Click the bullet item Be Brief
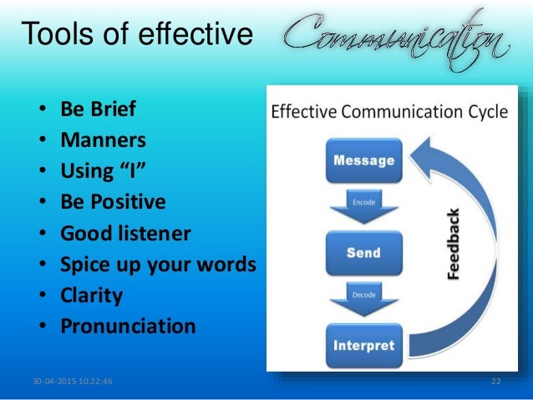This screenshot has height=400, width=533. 97,109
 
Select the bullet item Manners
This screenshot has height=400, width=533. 103,140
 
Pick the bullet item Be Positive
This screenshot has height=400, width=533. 113,202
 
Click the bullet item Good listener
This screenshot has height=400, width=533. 124,233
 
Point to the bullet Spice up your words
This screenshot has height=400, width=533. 158,264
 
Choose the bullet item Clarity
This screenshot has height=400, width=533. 91,295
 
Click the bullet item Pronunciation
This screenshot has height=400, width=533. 128,326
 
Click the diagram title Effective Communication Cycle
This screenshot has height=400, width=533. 389,113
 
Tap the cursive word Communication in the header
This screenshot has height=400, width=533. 393,36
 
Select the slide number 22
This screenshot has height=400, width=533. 495,382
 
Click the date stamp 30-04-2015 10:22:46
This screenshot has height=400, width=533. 73,382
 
